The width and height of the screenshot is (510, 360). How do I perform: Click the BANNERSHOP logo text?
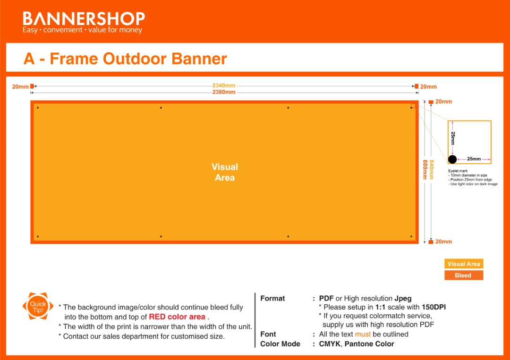84,18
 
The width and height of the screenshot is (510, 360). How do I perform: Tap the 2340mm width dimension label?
224,85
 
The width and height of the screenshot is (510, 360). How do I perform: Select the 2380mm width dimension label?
224,92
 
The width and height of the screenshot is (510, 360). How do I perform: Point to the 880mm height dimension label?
425,169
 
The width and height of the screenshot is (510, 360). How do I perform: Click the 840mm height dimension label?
431,169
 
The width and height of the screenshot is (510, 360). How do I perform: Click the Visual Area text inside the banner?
225,172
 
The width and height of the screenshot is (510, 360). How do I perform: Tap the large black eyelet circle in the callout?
452,159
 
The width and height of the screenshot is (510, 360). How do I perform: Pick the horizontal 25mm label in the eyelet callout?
474,159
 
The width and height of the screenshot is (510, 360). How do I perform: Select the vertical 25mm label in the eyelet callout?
453,138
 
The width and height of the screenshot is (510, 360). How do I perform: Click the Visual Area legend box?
464,263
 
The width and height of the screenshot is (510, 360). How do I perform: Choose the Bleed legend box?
464,275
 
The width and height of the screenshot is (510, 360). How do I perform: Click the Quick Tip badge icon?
38,306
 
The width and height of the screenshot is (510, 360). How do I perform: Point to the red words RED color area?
177,317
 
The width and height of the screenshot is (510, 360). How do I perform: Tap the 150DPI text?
434,307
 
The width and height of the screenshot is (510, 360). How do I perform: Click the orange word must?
363,334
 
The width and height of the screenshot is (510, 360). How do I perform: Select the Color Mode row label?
280,344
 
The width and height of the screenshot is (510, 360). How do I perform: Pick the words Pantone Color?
369,344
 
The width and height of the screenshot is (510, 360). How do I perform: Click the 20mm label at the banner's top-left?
20,87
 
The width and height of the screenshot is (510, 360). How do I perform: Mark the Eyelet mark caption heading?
458,171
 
